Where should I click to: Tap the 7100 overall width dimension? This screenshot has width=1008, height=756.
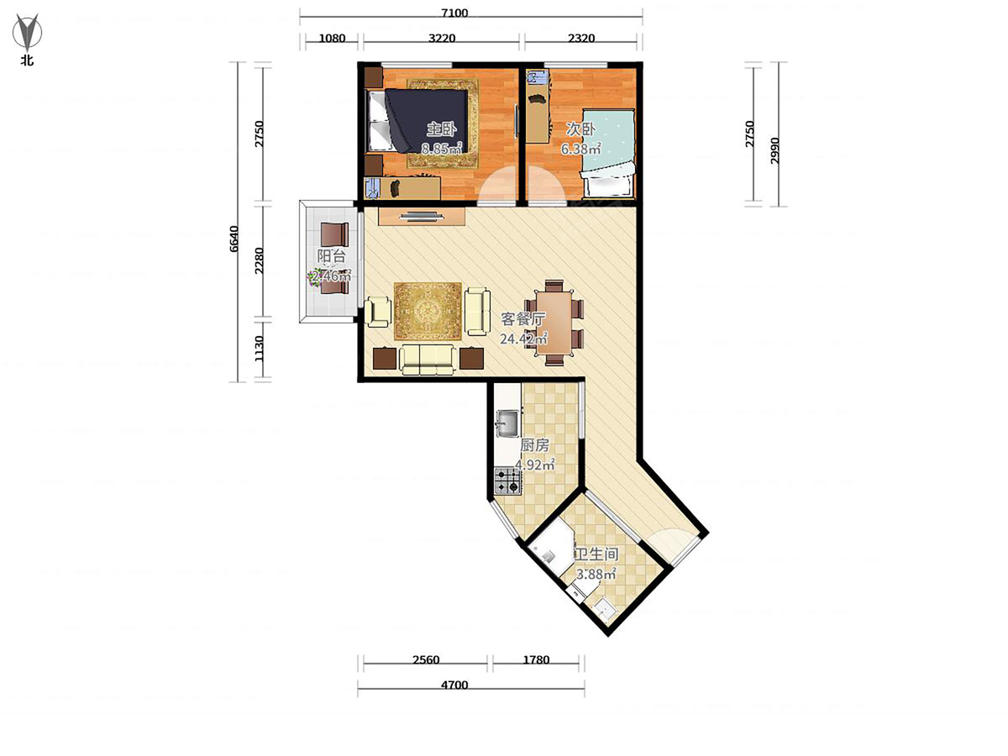pyautogui.click(x=454, y=13)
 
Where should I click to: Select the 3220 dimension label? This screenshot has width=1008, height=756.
pyautogui.click(x=441, y=38)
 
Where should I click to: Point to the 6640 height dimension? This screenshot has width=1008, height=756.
pyautogui.click(x=234, y=239)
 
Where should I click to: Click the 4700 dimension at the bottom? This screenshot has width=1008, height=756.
pyautogui.click(x=454, y=685)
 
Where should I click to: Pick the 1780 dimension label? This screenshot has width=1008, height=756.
pyautogui.click(x=536, y=659)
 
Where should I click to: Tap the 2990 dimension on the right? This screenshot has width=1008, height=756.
pyautogui.click(x=774, y=150)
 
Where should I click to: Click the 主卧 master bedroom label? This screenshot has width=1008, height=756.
pyautogui.click(x=441, y=129)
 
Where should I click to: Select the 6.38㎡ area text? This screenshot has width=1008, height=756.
pyautogui.click(x=580, y=149)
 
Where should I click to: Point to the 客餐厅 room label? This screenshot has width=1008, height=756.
pyautogui.click(x=522, y=319)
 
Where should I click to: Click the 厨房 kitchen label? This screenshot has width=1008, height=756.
pyautogui.click(x=534, y=445)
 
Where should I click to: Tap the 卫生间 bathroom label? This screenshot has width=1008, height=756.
pyautogui.click(x=596, y=554)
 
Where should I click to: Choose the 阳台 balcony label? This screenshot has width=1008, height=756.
pyautogui.click(x=331, y=256)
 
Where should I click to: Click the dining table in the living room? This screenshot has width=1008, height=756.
pyautogui.click(x=554, y=323)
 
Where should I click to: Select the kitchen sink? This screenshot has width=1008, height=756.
pyautogui.click(x=507, y=423)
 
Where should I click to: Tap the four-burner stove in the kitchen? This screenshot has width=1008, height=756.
pyautogui.click(x=507, y=480)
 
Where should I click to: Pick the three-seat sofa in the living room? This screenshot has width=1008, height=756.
pyautogui.click(x=428, y=360)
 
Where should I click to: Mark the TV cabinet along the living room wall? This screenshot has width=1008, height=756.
pyautogui.click(x=422, y=216)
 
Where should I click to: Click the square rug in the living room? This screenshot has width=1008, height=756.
pyautogui.click(x=428, y=311)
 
